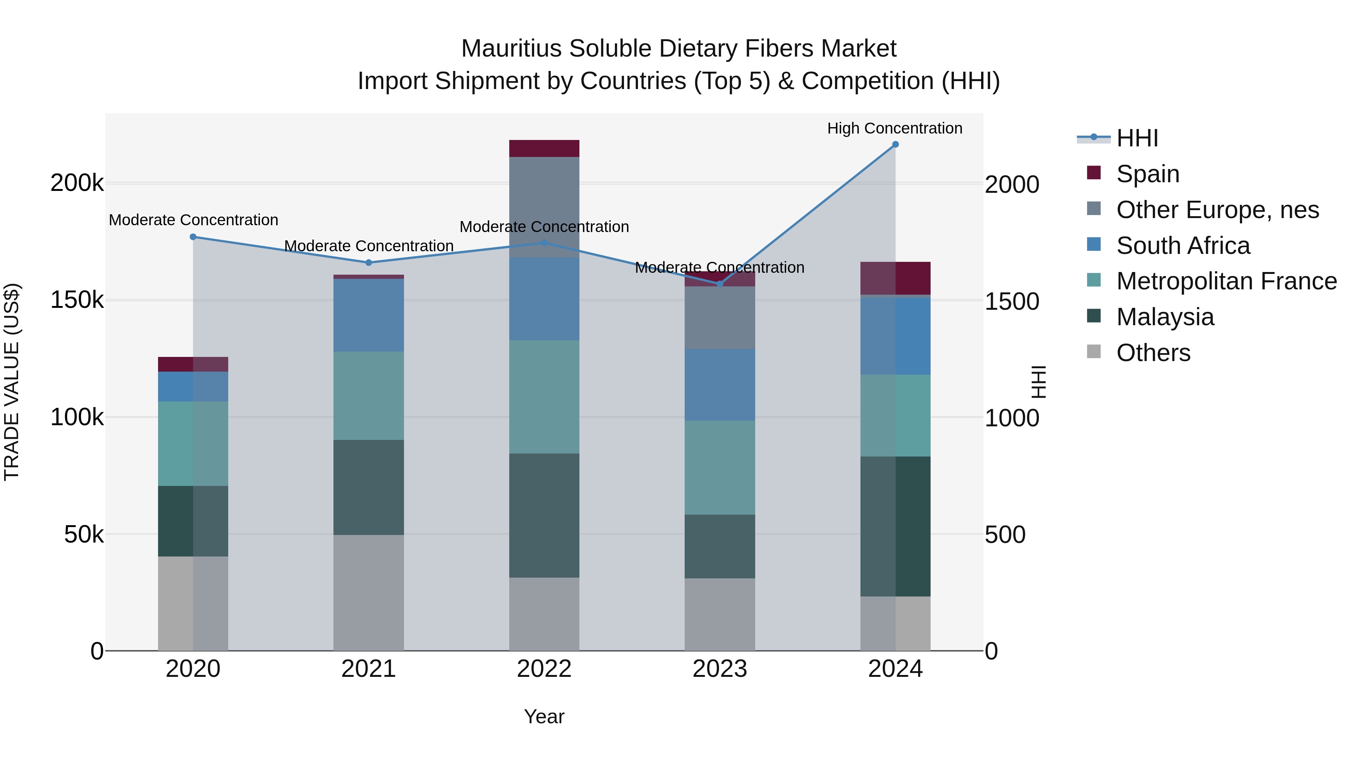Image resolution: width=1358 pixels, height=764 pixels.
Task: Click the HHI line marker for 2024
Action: coord(895,144)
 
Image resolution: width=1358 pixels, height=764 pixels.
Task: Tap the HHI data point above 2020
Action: coord(193,237)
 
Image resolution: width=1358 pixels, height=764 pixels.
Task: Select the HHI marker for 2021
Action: coord(369,263)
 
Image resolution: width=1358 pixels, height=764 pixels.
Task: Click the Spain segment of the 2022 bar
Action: coord(544,148)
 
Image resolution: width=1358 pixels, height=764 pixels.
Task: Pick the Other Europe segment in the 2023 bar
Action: coord(720,317)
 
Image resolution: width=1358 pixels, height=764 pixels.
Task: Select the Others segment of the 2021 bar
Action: coord(369,593)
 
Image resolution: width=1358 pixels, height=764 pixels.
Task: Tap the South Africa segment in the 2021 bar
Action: coord(369,315)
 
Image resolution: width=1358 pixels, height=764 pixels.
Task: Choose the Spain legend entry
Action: coord(1147,174)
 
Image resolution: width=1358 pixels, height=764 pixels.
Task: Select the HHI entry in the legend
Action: coord(1137,138)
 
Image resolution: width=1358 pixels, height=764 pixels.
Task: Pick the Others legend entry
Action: coord(1153,353)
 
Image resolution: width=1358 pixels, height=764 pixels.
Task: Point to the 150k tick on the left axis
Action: coord(77,301)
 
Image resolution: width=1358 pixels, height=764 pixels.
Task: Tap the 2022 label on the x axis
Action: coord(544,669)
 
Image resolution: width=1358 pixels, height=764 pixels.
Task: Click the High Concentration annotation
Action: coord(895,128)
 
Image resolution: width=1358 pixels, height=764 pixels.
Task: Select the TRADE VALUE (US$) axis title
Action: coord(12,382)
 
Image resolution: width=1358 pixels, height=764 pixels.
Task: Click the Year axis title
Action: coord(544,716)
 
